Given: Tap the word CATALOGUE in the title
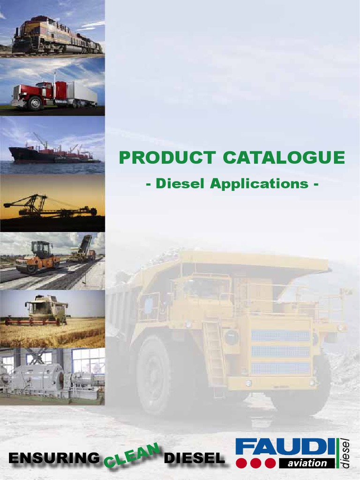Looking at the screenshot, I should point(284,157).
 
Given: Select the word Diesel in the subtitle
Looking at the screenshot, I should point(180,183).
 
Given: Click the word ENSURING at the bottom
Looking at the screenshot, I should point(54,458).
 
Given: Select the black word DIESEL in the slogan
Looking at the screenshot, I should point(194,458).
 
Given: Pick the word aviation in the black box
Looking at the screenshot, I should point(307,463).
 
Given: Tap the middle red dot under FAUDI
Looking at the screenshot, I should point(256,463).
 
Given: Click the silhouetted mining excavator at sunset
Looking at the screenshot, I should point(47,206).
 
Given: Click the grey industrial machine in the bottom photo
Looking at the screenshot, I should point(37,377).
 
